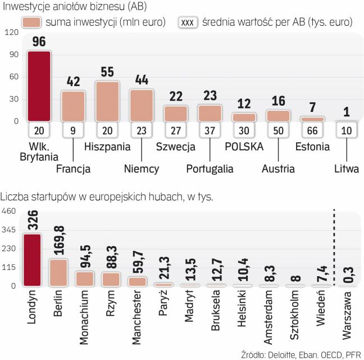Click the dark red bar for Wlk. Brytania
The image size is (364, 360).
[x=39, y=85]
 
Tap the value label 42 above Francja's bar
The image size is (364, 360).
[x=72, y=82]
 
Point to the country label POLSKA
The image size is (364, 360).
[x=244, y=148]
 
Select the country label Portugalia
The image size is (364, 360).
[x=210, y=168]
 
